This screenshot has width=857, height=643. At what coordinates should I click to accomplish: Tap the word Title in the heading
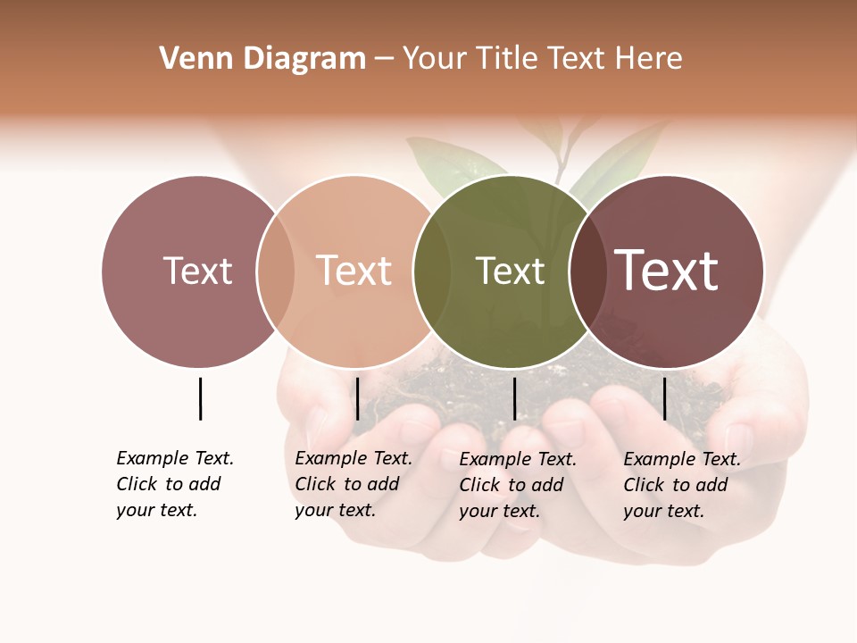510,59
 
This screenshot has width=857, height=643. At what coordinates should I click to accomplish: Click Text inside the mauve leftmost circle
197,271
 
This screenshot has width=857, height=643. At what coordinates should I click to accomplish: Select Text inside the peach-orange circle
354,271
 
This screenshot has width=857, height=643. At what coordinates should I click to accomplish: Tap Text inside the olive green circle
510,271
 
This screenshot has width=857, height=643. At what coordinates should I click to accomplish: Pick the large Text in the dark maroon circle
667,271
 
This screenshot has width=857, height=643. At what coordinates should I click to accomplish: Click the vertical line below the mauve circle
200,398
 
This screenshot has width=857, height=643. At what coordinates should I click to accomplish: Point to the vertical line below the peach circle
357,398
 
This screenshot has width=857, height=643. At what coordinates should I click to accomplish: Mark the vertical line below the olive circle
514,398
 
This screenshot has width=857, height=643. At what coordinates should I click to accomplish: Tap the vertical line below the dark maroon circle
664,398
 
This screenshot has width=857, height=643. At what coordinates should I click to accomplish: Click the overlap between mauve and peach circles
276,271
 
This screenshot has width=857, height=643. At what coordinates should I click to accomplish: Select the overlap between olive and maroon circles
587,271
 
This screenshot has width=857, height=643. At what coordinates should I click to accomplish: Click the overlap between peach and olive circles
432,271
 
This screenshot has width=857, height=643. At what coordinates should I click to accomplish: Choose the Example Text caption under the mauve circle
175,484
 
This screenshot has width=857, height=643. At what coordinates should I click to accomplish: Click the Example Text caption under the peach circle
354,484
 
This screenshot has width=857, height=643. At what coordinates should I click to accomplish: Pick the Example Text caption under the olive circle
518,485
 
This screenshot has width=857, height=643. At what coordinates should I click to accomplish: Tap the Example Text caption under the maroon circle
682,485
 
